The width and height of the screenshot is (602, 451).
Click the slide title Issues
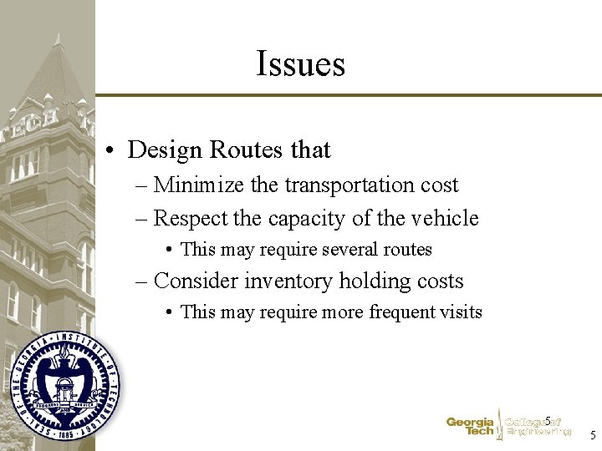coord(300,63)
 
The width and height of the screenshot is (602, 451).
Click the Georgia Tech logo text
coord(470,427)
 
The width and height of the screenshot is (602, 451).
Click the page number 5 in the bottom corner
coord(593,435)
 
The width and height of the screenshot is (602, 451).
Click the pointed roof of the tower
coord(58,71)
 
